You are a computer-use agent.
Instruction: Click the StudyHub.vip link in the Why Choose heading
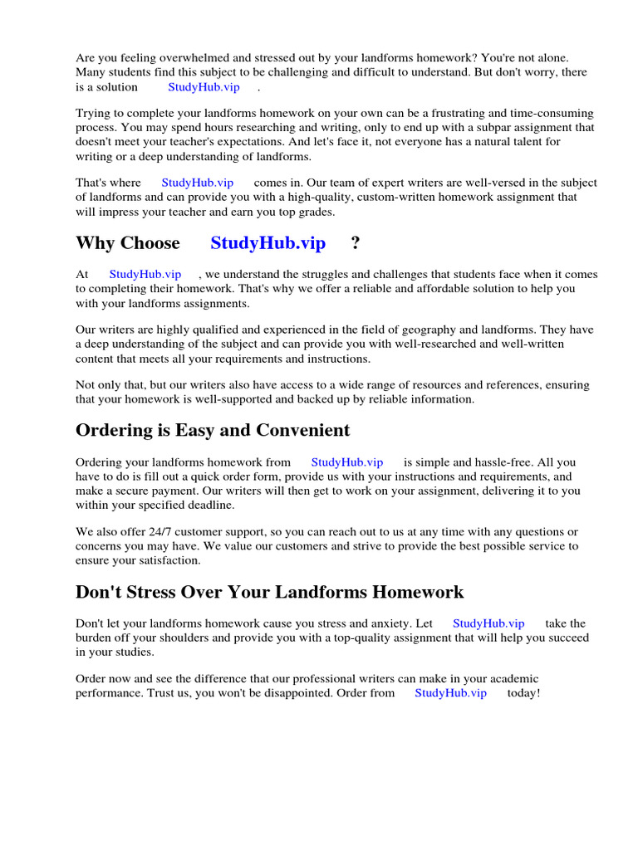267,243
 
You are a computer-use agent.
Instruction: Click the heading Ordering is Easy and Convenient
213,430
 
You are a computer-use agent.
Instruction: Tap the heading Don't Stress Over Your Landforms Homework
269,592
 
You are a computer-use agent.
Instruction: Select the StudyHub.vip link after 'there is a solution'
204,86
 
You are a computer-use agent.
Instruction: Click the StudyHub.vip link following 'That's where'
197,183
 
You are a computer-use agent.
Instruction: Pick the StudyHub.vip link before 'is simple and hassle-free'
346,462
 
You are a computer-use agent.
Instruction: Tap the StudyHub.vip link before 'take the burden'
488,623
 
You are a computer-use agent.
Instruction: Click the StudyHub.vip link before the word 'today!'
450,692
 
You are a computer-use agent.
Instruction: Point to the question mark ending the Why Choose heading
356,243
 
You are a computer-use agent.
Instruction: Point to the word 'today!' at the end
523,692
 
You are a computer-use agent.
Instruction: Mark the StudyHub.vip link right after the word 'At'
145,274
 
